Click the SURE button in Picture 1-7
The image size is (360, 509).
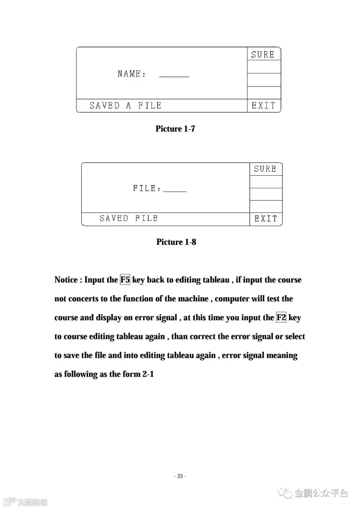click(x=263, y=55)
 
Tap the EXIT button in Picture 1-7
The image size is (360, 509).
click(x=264, y=106)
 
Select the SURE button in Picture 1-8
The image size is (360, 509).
click(x=265, y=169)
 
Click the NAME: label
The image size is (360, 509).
click(x=132, y=74)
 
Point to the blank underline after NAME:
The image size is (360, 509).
click(x=174, y=76)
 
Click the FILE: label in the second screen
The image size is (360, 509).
click(x=147, y=188)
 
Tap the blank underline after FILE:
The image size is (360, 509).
click(x=175, y=190)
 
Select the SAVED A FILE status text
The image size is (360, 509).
click(x=125, y=106)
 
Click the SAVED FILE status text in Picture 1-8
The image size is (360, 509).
click(x=129, y=218)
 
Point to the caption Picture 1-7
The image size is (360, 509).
click(x=175, y=129)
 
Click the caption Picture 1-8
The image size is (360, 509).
click(x=176, y=242)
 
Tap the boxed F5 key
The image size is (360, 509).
click(x=125, y=280)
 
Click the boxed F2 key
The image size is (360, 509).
click(x=281, y=318)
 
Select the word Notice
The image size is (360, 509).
click(x=66, y=280)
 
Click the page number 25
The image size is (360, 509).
click(x=180, y=476)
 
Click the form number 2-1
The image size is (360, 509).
click(x=148, y=375)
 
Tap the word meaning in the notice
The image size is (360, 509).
click(x=282, y=355)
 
